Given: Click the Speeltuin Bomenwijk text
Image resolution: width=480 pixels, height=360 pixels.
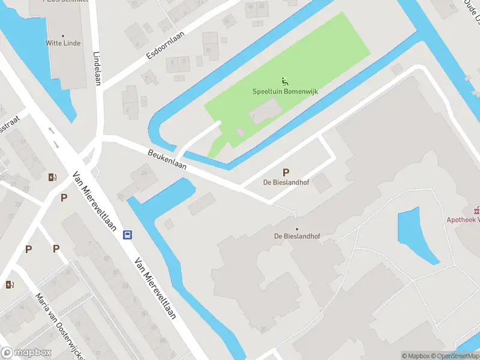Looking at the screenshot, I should coord(284,92).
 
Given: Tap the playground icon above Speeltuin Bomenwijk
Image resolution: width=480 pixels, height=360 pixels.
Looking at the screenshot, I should coord(284,82).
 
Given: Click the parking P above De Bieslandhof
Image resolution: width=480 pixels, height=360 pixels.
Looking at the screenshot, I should coord(286,172).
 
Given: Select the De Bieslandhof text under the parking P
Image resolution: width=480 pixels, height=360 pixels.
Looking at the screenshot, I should coord(286,182).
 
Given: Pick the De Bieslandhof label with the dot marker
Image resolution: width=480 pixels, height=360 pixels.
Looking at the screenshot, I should coord(297,236).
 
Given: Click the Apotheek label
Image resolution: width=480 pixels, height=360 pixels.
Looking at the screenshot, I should coord(463,220).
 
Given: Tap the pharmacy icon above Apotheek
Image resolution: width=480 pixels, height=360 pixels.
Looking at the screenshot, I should coord(477,210).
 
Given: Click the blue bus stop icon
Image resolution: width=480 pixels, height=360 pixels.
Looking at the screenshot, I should coord(128,235).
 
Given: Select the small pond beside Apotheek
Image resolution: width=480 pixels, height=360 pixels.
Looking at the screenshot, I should coord(416,234).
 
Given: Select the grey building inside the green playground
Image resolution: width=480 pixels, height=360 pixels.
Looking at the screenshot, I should coord(265,112).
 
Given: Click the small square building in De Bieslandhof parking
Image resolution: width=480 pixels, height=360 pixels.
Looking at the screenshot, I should coord(322,182).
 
